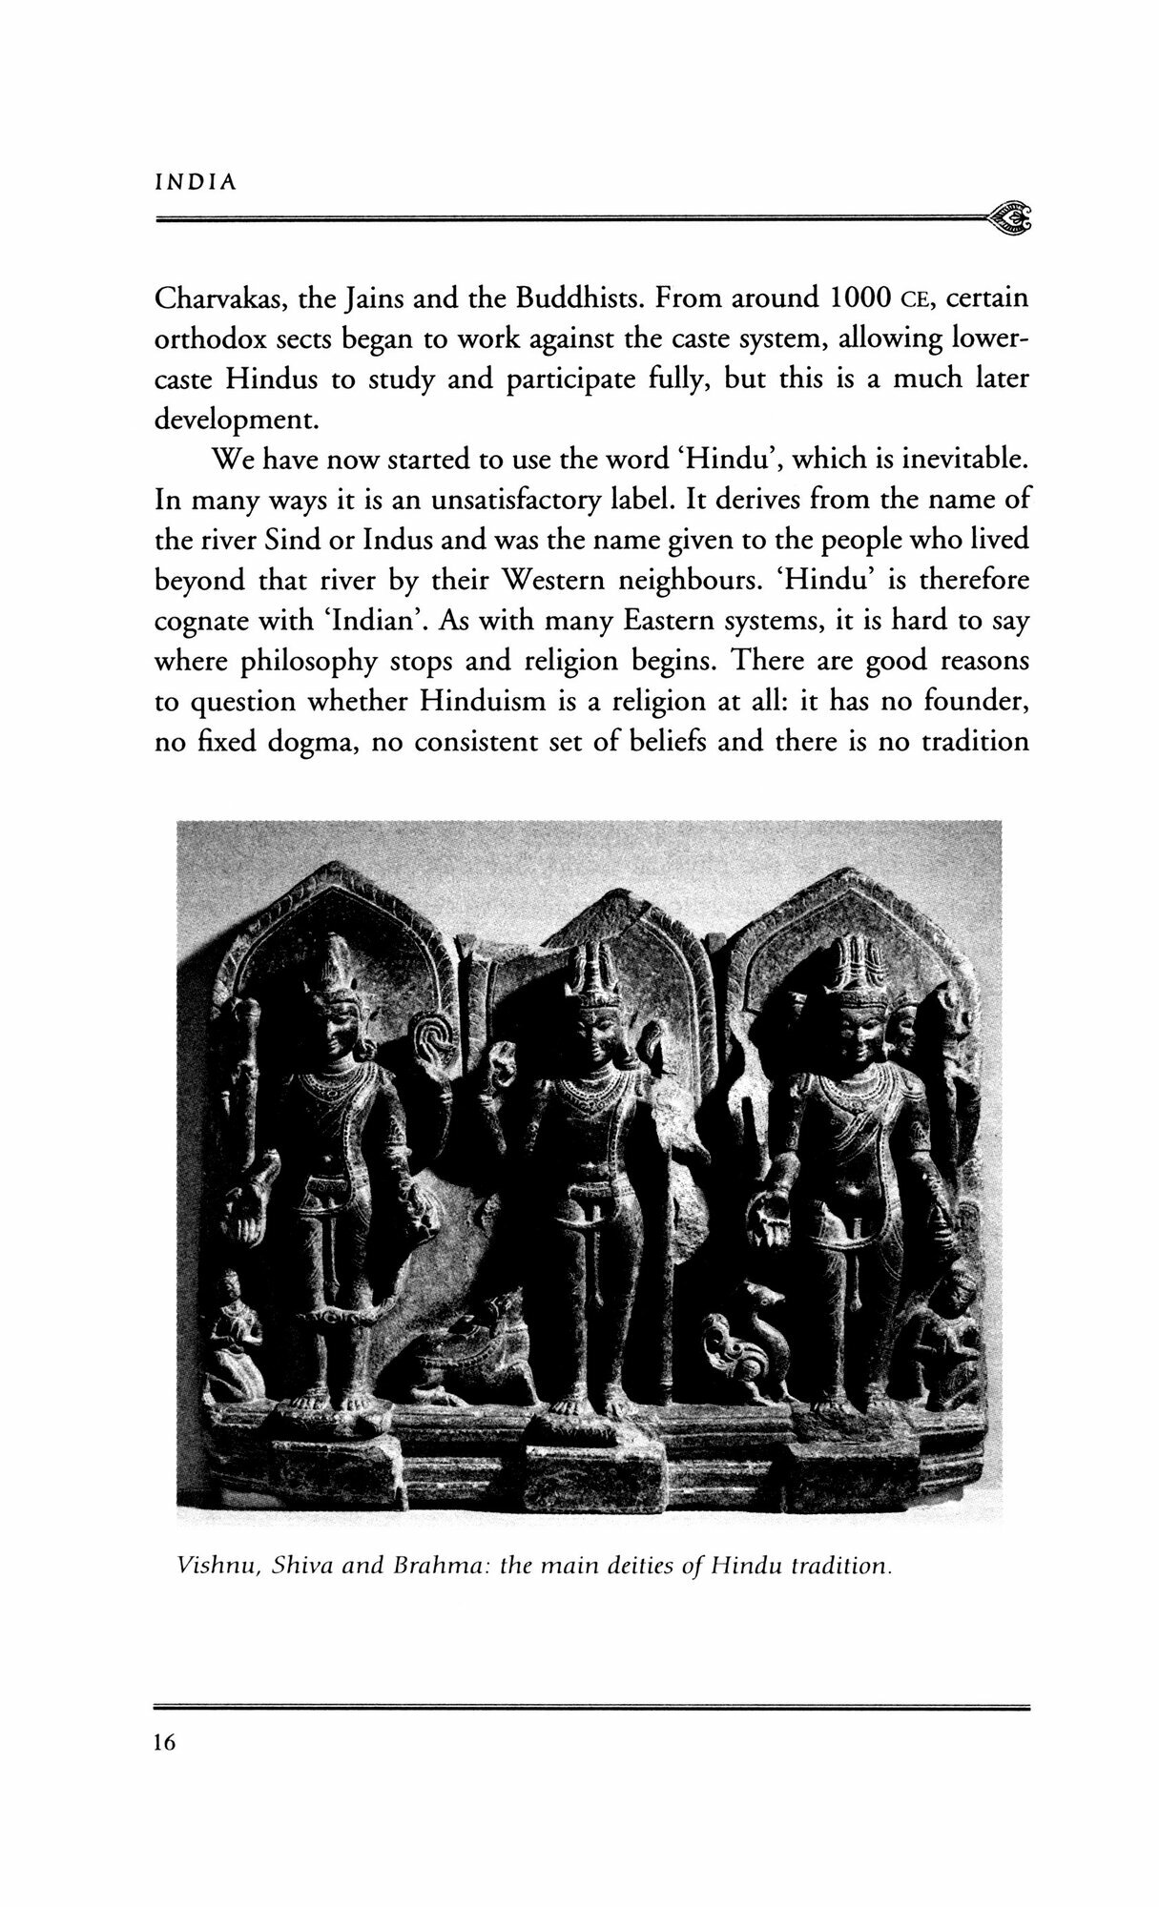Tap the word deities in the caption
point(609,1566)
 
